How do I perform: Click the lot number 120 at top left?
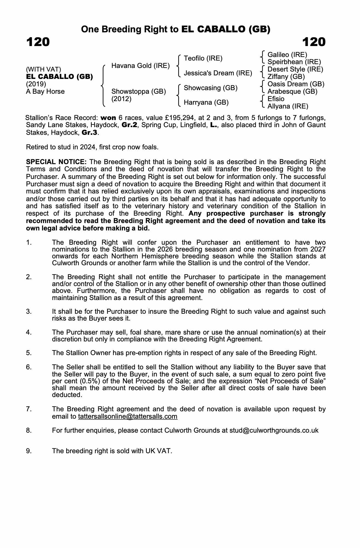coord(38,42)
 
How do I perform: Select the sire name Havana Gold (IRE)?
coord(140,66)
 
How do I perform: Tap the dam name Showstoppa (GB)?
coord(139,91)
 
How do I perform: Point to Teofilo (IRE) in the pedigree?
coord(203,58)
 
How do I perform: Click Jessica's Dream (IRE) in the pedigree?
coord(218,73)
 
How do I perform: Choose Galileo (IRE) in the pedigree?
coord(287,55)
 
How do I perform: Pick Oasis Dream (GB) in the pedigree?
coord(296,84)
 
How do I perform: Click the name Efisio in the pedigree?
coord(276,99)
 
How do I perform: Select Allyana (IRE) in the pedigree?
coord(288,106)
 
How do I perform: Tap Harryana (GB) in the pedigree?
coord(206,102)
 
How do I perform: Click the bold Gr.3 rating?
coord(90,133)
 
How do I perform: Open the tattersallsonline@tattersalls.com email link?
coord(128,416)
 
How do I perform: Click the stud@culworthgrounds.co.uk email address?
coord(274,430)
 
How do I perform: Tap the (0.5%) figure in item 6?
coord(90,381)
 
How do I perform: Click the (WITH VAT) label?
coord(44,69)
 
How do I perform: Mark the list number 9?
coord(29,451)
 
